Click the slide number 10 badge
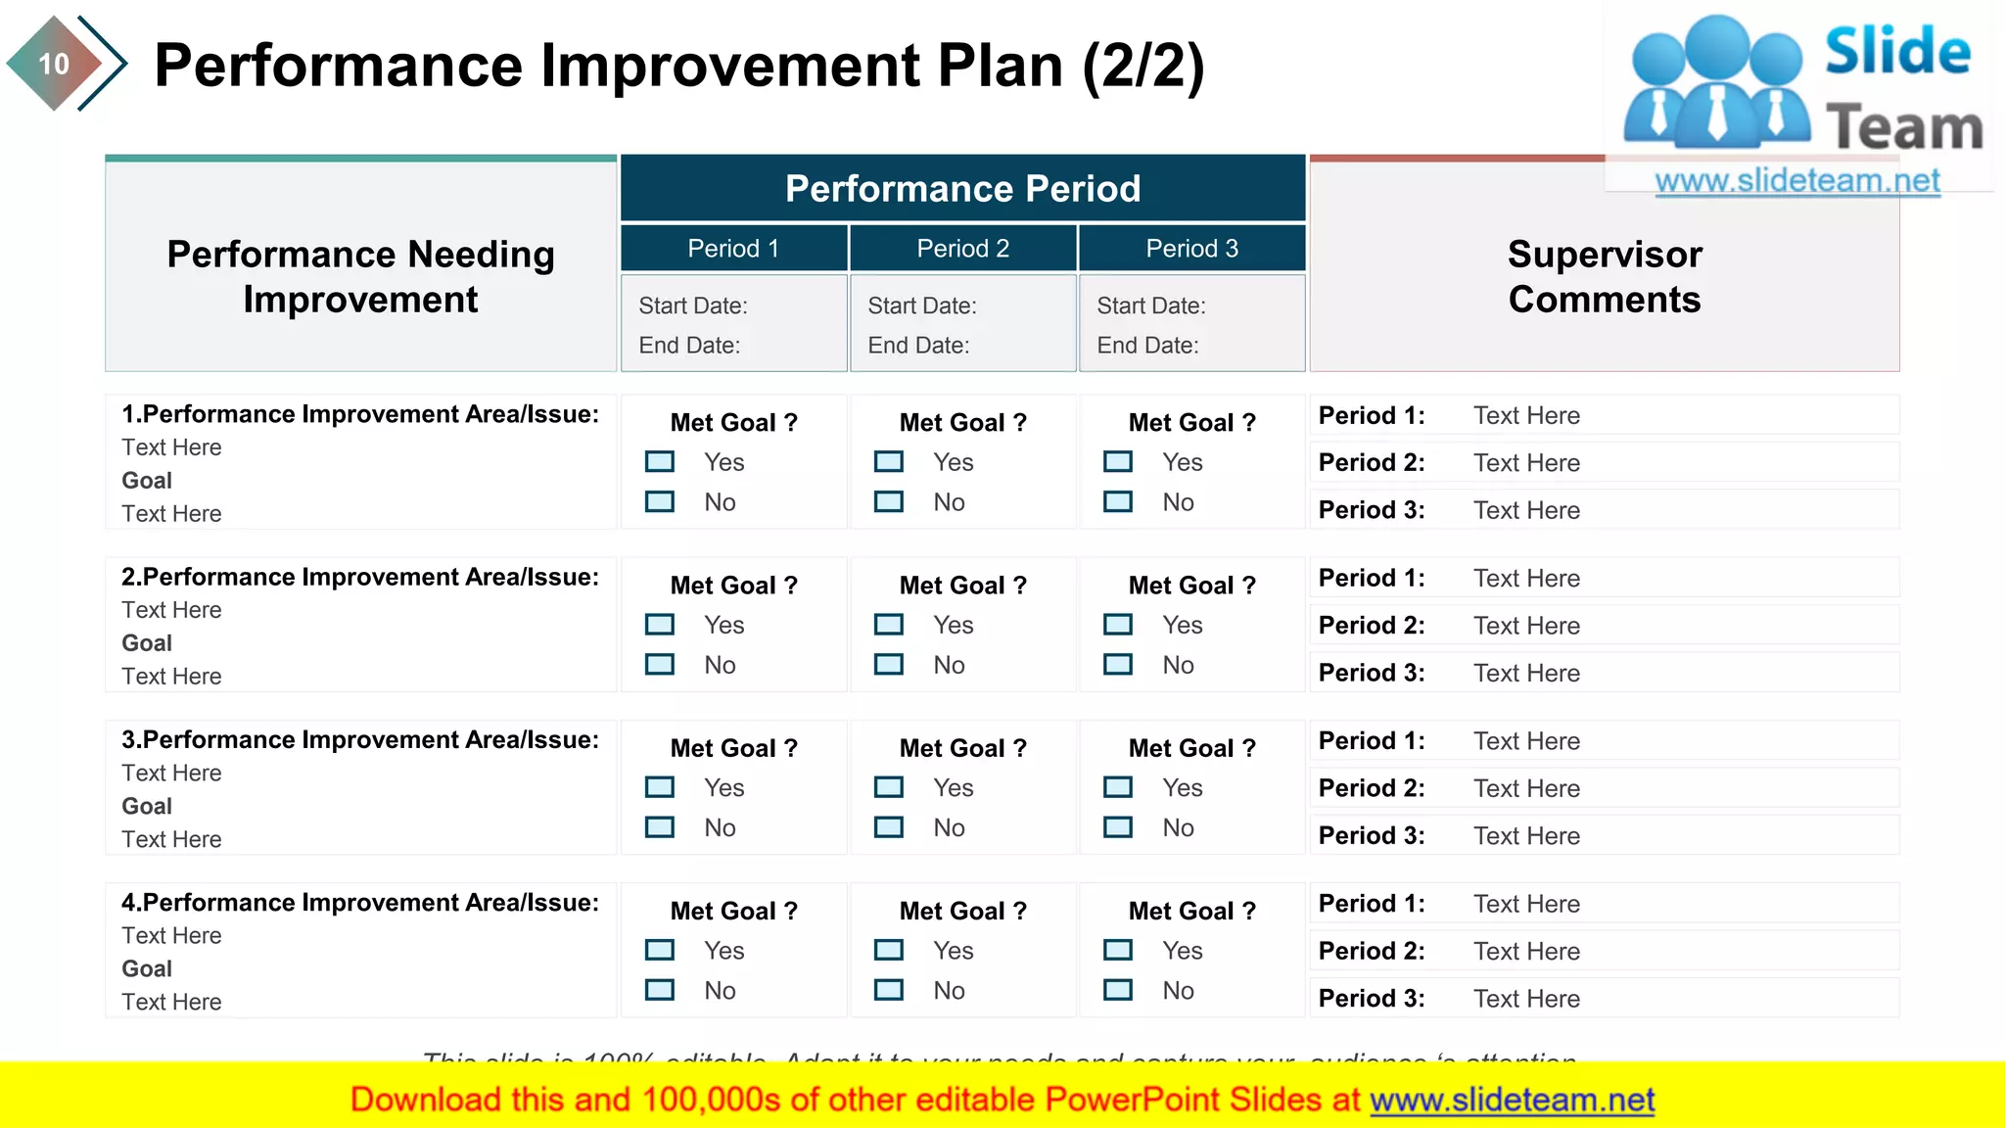pyautogui.click(x=54, y=65)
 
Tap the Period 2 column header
pyautogui.click(x=962, y=249)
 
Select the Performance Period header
pyautogui.click(x=962, y=188)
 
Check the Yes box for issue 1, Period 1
pyautogui.click(x=660, y=461)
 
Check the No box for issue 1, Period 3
pyautogui.click(x=1118, y=502)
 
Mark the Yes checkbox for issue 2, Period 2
pyautogui.click(x=889, y=625)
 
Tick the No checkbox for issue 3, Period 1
pyautogui.click(x=660, y=827)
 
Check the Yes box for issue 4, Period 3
pyautogui.click(x=1118, y=950)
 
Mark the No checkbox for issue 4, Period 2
pyautogui.click(x=889, y=990)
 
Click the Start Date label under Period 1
pyautogui.click(x=693, y=306)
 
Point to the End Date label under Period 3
pyautogui.click(x=1147, y=346)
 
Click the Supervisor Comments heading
pyautogui.click(x=1605, y=276)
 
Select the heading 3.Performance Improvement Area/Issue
pyautogui.click(x=360, y=740)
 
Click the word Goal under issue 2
pyautogui.click(x=147, y=643)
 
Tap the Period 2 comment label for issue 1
pyautogui.click(x=1372, y=463)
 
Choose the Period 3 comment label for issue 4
pyautogui.click(x=1372, y=999)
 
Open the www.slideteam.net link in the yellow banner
pyautogui.click(x=1512, y=1101)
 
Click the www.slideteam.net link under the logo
pyautogui.click(x=1797, y=181)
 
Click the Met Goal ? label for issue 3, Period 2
pyautogui.click(x=962, y=748)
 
